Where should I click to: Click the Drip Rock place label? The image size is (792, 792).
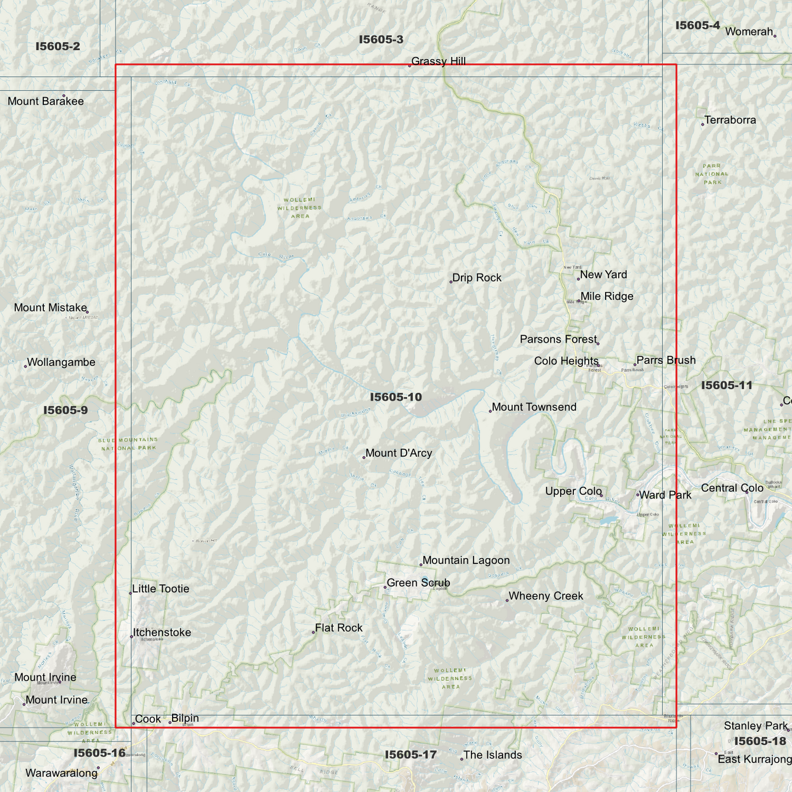coord(477,278)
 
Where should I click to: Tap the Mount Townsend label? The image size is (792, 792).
coord(534,407)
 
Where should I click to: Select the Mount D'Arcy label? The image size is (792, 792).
coord(398,453)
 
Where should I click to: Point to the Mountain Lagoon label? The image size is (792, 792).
coord(466,561)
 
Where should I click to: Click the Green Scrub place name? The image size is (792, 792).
coord(418,583)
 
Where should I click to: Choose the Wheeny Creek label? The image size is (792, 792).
coord(545,596)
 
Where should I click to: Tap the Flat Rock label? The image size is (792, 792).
coord(339,628)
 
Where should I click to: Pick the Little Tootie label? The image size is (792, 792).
coord(161,589)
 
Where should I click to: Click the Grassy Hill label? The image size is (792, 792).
coord(438,61)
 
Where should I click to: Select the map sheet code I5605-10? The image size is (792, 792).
coord(396,397)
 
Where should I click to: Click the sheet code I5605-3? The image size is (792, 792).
coord(381,39)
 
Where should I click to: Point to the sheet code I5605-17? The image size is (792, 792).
coord(411,755)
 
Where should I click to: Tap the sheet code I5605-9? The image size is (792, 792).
coord(65,411)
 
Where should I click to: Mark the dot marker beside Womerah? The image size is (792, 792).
coord(774,36)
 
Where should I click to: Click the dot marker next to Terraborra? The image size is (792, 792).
coord(703,124)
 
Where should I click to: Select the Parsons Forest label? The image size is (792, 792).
coord(558,340)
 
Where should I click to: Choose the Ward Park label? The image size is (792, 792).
coord(665,495)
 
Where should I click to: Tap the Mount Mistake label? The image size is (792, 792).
coord(50,308)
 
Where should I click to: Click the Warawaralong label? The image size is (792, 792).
coord(61,773)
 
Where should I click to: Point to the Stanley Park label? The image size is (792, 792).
coord(755,726)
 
